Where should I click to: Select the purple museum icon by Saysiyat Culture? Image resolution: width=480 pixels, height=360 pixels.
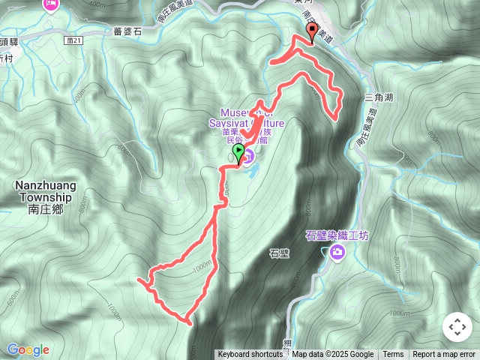(x=249, y=156)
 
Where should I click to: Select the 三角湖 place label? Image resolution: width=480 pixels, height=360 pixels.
(x=378, y=97)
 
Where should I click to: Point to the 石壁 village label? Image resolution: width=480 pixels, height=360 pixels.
(x=278, y=254)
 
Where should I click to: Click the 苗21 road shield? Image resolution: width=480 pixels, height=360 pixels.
(x=72, y=40)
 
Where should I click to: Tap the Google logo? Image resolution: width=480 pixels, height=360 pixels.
(x=28, y=349)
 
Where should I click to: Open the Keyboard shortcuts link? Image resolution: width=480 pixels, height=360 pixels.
(x=250, y=355)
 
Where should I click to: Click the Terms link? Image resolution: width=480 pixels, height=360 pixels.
(x=393, y=355)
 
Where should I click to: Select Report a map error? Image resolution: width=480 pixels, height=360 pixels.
(x=444, y=355)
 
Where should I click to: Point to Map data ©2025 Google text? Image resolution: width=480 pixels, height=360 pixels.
(x=332, y=355)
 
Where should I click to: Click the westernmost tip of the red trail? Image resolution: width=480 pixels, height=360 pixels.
(x=139, y=280)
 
